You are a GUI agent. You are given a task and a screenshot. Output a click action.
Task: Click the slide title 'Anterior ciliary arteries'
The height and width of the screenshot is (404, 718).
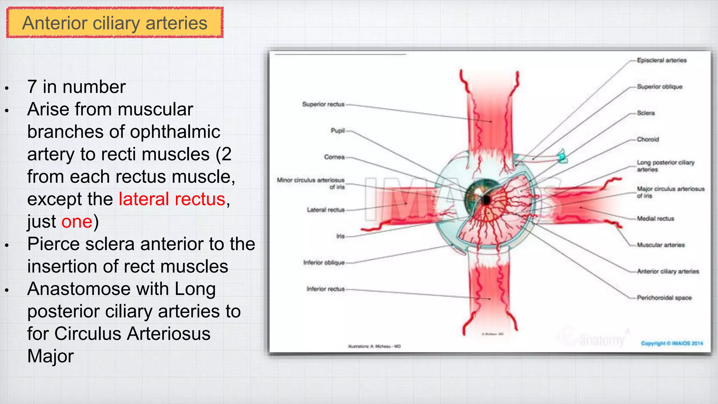[115, 23]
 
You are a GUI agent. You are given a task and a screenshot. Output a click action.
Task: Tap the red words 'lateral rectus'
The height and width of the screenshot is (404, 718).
[172, 199]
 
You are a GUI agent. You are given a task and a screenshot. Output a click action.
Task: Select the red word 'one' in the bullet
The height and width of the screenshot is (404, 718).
[77, 222]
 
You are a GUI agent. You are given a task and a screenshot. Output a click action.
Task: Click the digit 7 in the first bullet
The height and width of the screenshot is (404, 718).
[32, 87]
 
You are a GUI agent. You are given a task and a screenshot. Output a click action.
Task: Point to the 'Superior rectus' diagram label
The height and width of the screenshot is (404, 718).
[323, 104]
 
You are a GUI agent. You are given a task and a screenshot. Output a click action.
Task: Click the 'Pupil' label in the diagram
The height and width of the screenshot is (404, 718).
[338, 130]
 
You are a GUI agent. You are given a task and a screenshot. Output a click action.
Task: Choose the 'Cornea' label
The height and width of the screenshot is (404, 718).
[334, 157]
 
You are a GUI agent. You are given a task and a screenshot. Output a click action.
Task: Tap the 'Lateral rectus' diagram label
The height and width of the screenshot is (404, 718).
[326, 210]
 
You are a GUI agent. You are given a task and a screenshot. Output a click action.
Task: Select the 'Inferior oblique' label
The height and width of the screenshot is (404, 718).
[324, 262]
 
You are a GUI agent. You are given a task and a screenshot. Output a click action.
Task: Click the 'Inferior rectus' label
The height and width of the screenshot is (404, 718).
[325, 289]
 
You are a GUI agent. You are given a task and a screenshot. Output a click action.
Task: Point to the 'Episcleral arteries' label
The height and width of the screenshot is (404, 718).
[662, 60]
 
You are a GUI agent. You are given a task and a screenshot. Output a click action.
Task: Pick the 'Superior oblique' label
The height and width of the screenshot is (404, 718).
[659, 87]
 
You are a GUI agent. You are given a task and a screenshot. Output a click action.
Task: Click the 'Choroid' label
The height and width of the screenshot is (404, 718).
[648, 139]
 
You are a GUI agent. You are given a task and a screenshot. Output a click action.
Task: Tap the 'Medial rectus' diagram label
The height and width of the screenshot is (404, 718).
[655, 218]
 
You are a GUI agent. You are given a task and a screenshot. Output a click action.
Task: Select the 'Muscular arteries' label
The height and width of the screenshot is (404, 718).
[661, 245]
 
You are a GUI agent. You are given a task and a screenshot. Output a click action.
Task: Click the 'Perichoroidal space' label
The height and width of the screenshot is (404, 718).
[664, 298]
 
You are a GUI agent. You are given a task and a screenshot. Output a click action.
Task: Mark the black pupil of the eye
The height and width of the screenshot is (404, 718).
[486, 200]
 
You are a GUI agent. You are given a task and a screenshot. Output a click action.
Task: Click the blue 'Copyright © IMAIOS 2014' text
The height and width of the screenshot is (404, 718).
[672, 343]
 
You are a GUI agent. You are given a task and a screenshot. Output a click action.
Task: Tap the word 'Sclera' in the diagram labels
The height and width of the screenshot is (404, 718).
[646, 113]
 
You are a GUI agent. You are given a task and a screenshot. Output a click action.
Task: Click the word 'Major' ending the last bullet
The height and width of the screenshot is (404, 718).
[50, 356]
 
